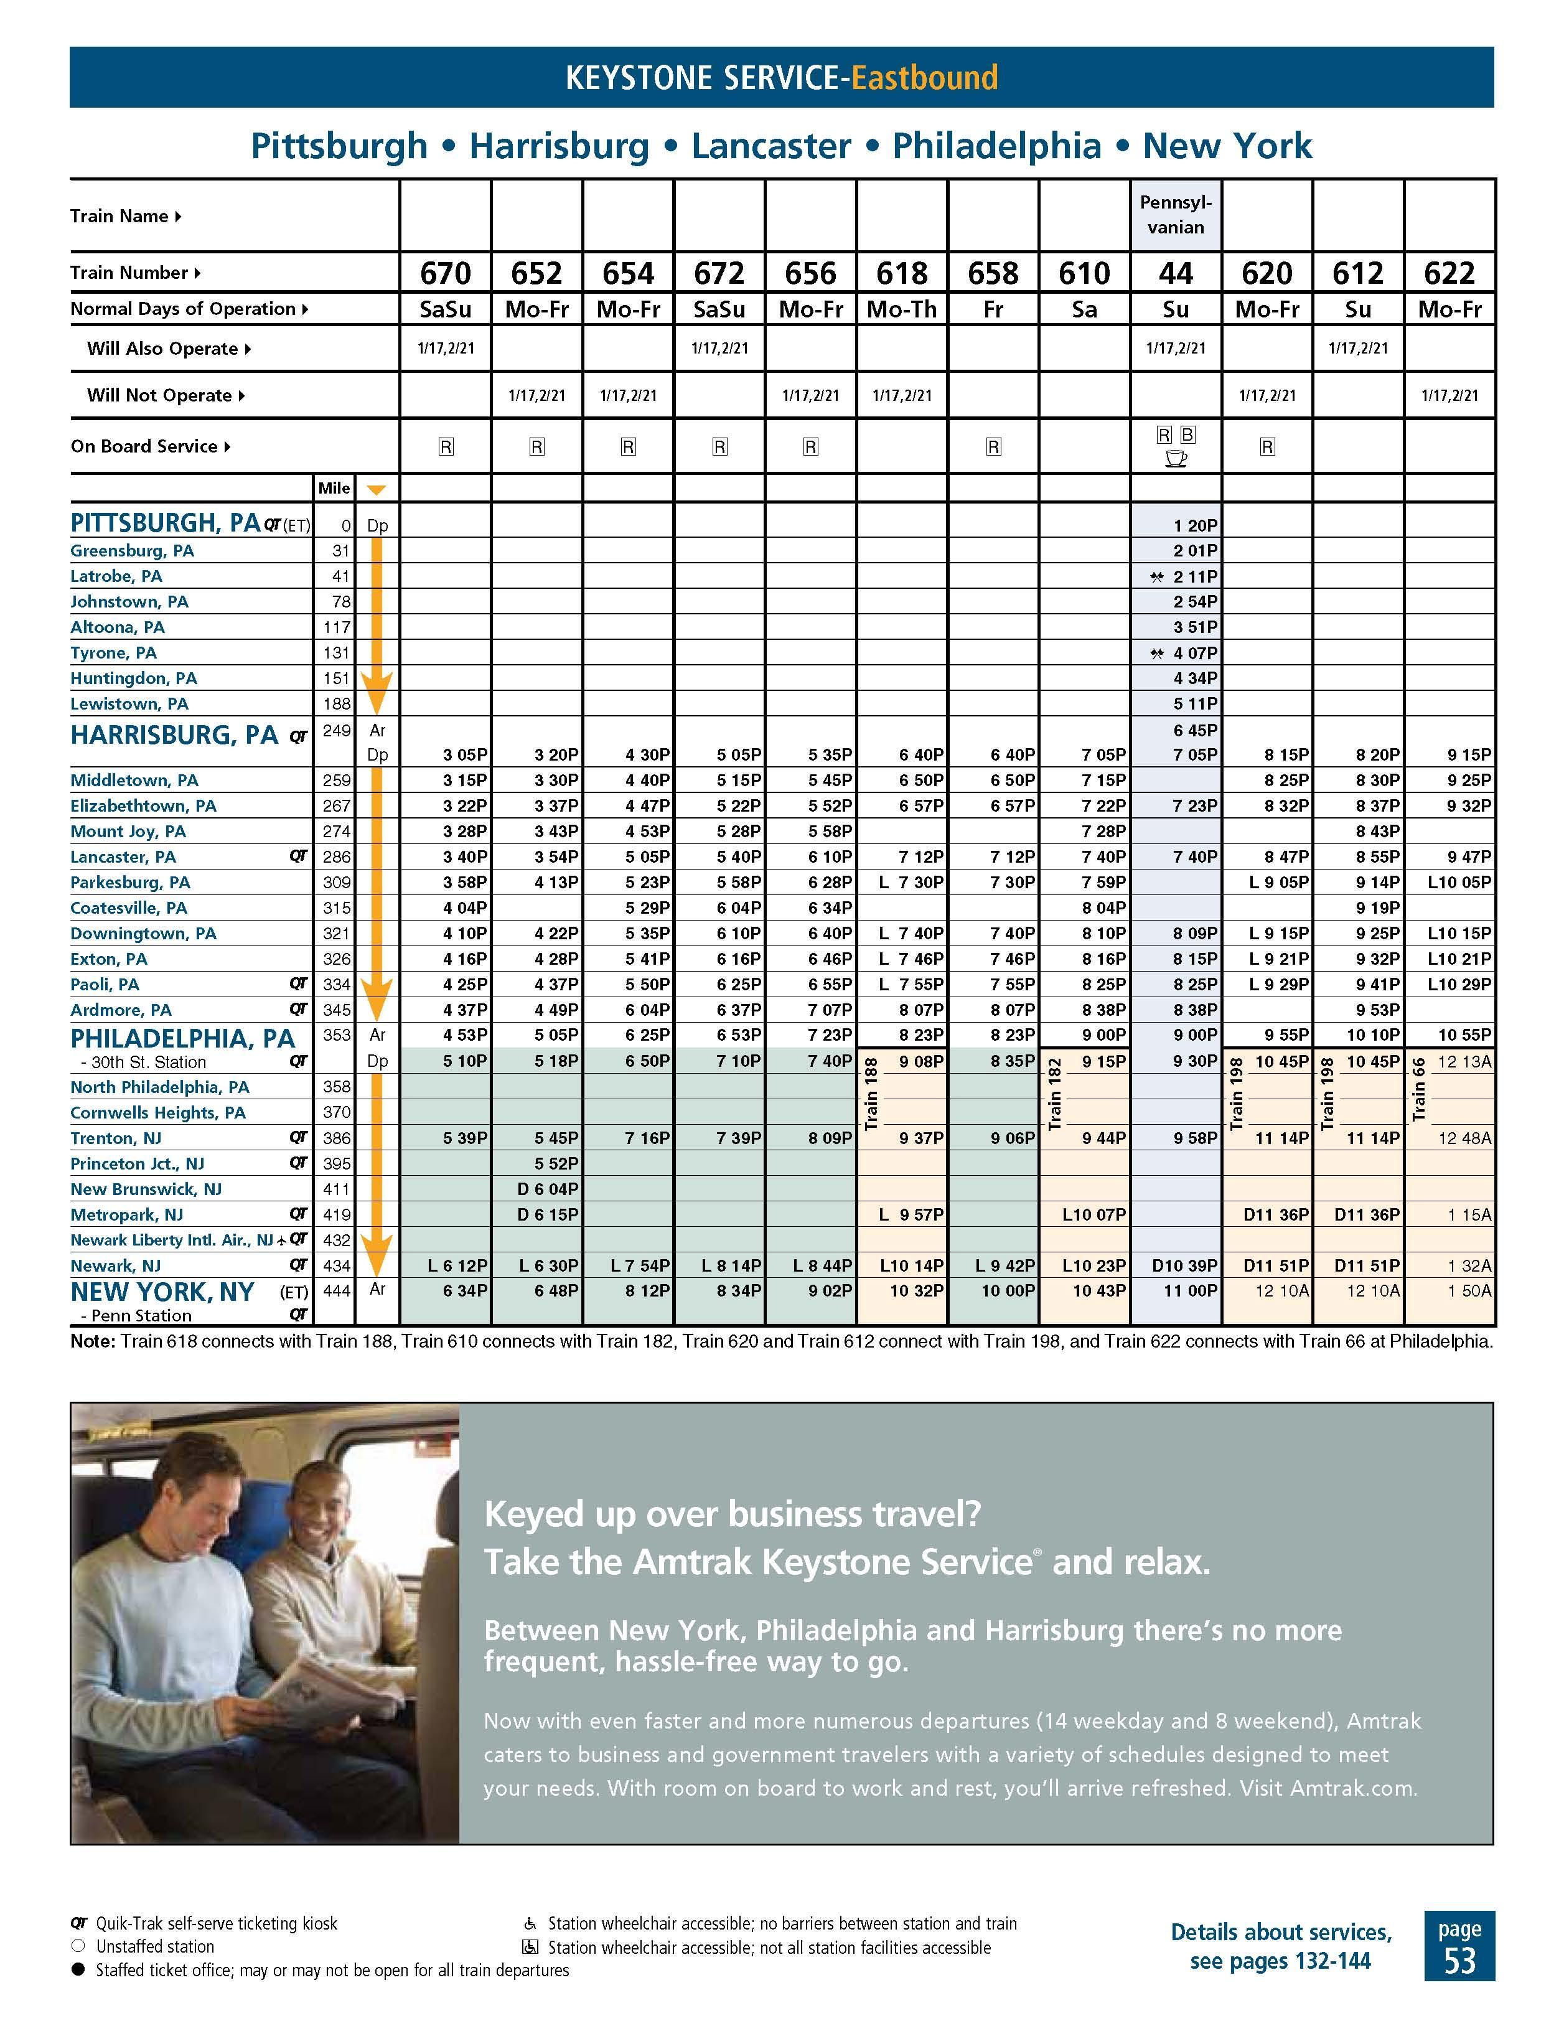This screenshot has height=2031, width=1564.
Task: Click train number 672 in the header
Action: click(x=719, y=273)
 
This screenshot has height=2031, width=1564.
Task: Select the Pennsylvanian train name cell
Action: click(x=1175, y=215)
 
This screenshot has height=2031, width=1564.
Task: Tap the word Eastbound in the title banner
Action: click(x=924, y=77)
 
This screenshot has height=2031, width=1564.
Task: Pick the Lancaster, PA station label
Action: click(x=123, y=856)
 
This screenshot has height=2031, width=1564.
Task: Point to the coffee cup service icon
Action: click(x=1175, y=459)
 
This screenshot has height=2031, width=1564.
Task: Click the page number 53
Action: click(x=1459, y=1959)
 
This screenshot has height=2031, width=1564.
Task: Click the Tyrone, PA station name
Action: click(x=113, y=653)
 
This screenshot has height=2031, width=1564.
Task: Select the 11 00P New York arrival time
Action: click(x=1194, y=1291)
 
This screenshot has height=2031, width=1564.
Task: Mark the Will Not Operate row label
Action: click(x=158, y=395)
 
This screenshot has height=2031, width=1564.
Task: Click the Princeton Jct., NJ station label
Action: click(x=137, y=1163)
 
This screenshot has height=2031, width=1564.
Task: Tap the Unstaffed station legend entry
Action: click(x=154, y=1946)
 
